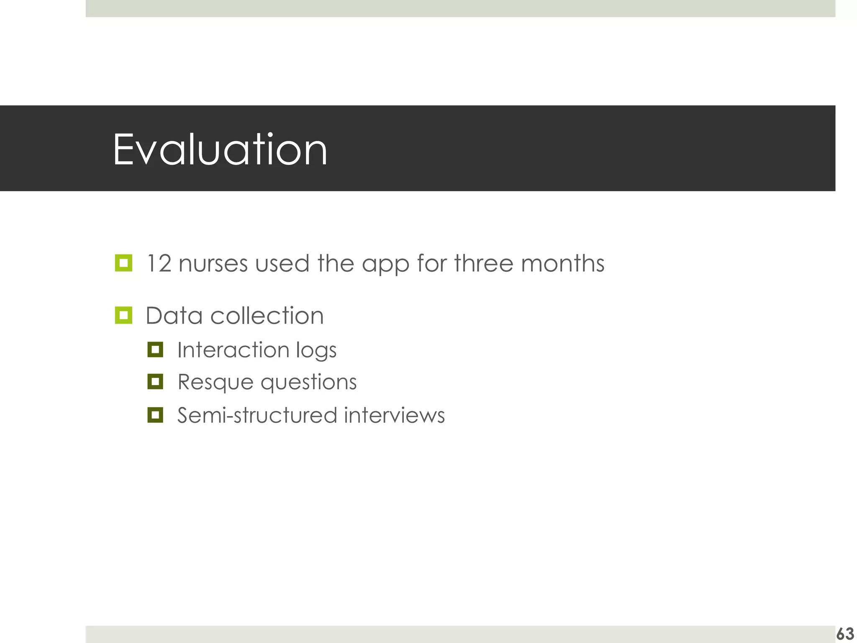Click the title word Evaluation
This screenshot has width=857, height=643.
[220, 149]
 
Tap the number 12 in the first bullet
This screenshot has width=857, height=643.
[159, 264]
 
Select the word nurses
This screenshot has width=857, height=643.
[213, 264]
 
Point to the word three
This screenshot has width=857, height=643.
[483, 264]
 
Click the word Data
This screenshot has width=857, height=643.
[174, 316]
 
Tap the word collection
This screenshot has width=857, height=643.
[267, 316]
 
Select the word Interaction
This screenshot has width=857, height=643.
[233, 350]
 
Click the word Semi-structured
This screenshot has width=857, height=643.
[257, 415]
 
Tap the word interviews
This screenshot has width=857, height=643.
[394, 415]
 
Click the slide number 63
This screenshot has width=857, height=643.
[845, 634]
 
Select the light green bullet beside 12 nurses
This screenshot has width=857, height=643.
[123, 263]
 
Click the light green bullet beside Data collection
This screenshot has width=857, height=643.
[123, 315]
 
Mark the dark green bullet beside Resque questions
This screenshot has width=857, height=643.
[155, 381]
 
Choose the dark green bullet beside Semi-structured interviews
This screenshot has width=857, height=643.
[155, 415]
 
